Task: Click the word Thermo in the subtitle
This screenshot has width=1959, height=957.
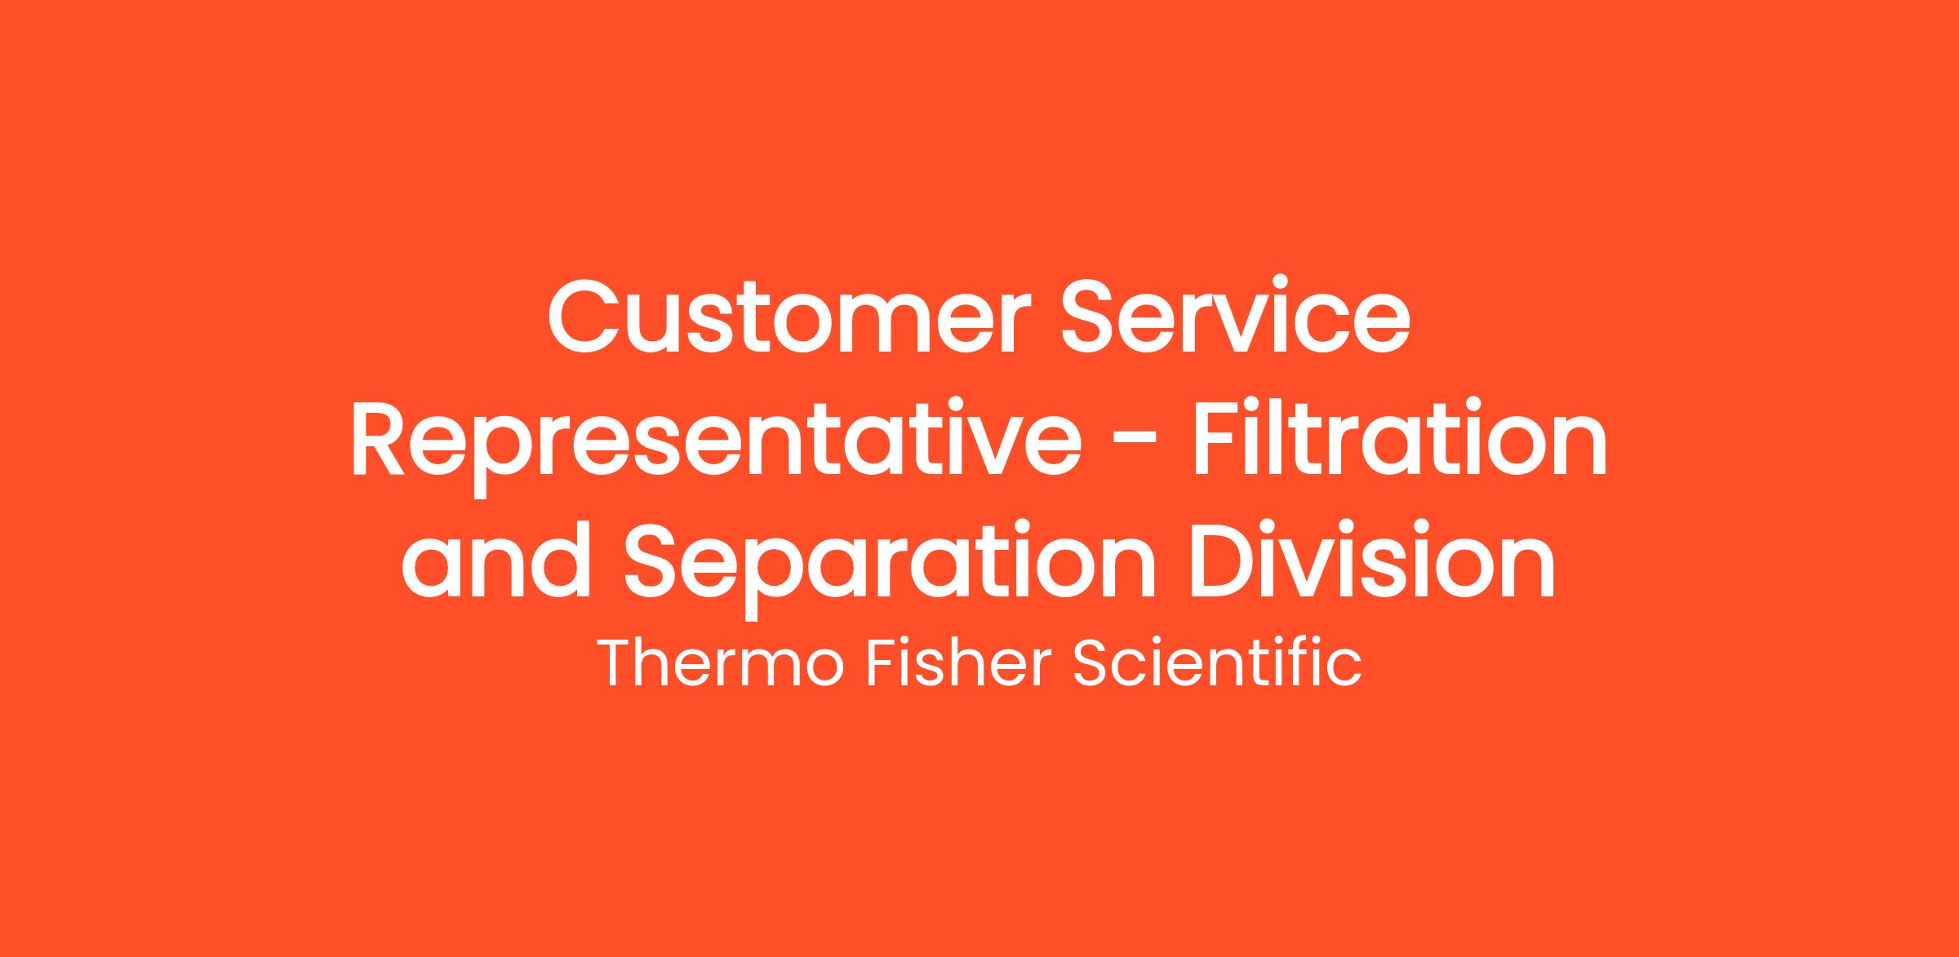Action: [x=722, y=663]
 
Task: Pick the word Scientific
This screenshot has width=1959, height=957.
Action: [x=1216, y=663]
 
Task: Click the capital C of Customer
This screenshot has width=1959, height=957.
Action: [x=585, y=317]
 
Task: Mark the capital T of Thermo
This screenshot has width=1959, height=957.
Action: [x=618, y=664]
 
